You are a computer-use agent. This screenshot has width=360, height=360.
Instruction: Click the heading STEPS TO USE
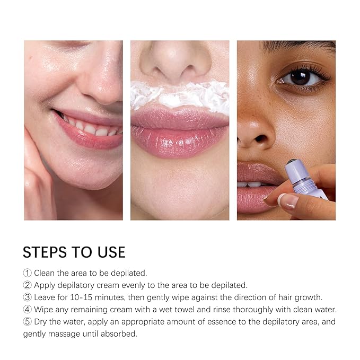tap(74, 251)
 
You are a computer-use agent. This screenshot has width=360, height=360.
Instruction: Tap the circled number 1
tap(28, 273)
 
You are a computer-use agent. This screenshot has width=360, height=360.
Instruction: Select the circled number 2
tap(28, 285)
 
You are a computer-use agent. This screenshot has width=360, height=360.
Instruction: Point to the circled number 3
tap(28, 297)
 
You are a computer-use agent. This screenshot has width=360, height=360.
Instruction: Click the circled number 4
tap(28, 310)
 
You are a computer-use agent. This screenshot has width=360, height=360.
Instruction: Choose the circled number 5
tap(28, 322)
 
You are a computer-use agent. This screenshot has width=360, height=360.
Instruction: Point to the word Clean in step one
tap(45, 273)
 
